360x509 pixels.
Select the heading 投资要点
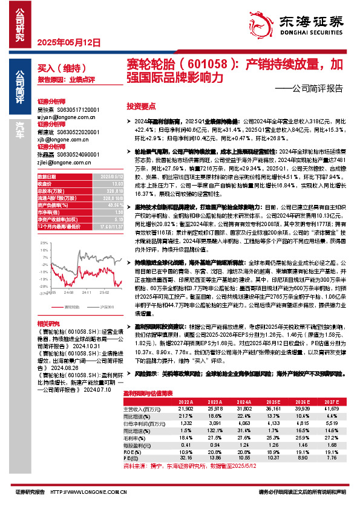click(141, 105)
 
